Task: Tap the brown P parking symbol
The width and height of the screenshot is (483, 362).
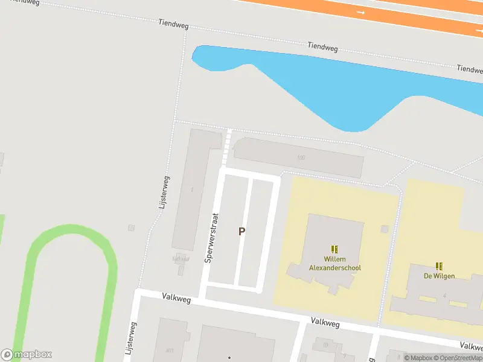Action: pyautogui.click(x=242, y=231)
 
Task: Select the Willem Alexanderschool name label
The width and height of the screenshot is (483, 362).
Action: pyautogui.click(x=334, y=263)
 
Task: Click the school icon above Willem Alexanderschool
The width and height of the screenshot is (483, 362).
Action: pyautogui.click(x=334, y=249)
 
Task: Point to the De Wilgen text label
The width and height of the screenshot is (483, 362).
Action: pyautogui.click(x=439, y=276)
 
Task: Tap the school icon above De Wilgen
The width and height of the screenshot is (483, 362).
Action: pyautogui.click(x=439, y=266)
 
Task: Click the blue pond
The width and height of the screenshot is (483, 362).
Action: pyautogui.click(x=314, y=84)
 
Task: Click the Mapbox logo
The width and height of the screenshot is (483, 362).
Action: pyautogui.click(x=27, y=355)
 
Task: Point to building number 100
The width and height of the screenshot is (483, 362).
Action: pyautogui.click(x=301, y=158)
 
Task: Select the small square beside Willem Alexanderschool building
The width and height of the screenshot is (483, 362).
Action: pyautogui.click(x=385, y=229)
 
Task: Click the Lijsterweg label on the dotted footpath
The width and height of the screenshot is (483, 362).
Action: pyautogui.click(x=164, y=192)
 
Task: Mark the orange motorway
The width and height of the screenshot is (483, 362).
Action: pyautogui.click(x=362, y=12)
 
